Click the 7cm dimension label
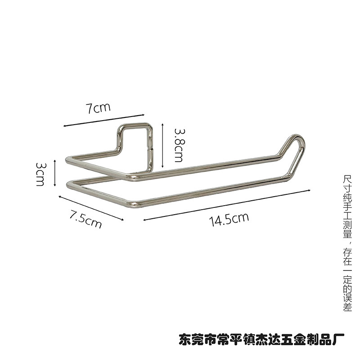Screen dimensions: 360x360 click(99, 108)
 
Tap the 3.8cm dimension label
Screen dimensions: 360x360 click(178, 144)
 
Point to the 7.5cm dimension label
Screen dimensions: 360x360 click(85, 219)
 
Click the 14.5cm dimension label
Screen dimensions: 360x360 click(229, 219)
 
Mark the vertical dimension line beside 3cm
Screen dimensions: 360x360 click(54, 172)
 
